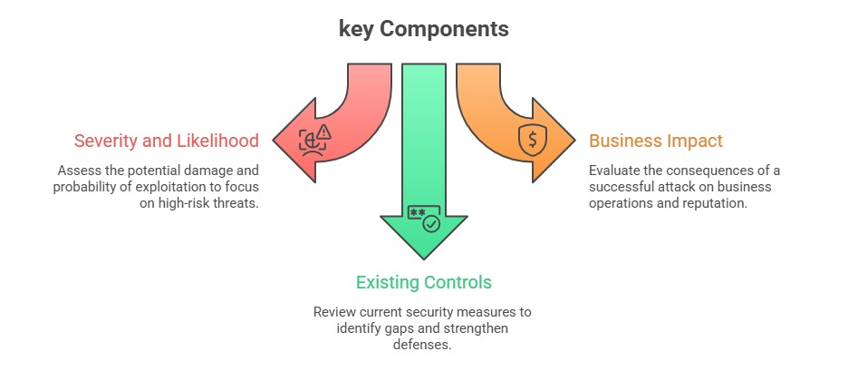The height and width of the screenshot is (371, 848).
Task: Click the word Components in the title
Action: (444, 29)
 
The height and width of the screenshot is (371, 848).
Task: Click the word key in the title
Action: (356, 29)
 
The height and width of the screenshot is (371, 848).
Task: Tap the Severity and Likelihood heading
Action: (167, 141)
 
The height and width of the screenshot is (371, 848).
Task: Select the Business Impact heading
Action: (656, 141)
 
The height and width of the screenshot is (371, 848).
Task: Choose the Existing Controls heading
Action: (423, 282)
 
